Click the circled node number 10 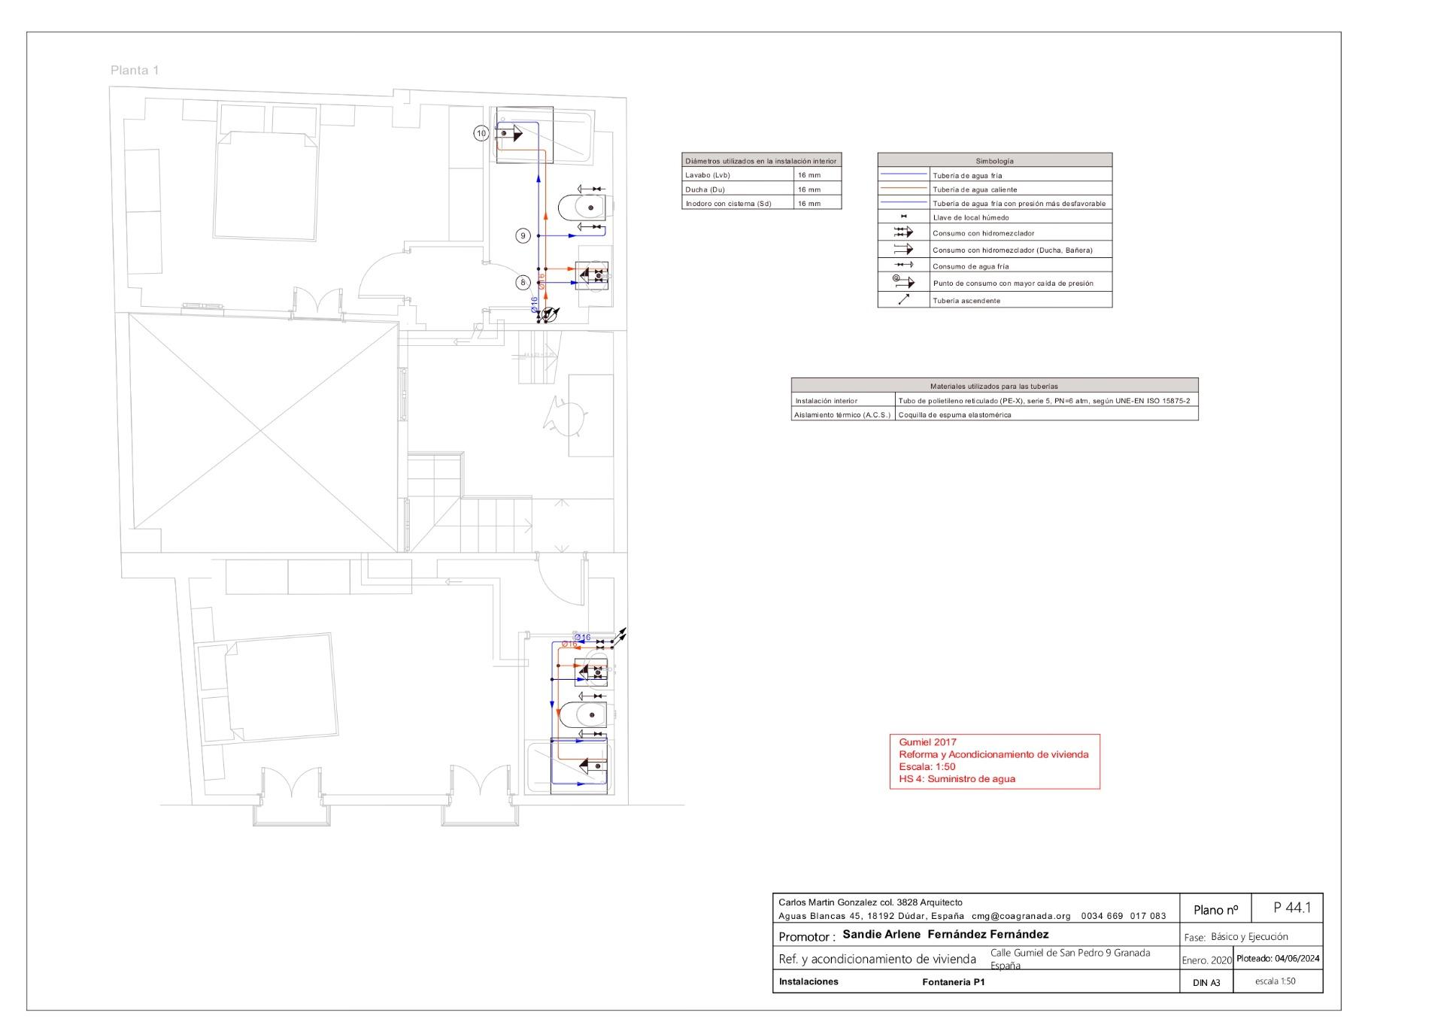(481, 133)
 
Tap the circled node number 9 (523, 235)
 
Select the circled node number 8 (523, 282)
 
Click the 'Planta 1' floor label (135, 71)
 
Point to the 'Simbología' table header (994, 161)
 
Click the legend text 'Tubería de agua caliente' (975, 190)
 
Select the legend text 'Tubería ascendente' (966, 301)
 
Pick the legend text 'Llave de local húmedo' (971, 217)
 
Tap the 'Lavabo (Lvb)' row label (708, 175)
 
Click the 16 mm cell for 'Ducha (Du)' (809, 190)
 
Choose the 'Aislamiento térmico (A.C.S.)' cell (842, 415)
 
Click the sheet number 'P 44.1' (1292, 908)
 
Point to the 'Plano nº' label (1215, 910)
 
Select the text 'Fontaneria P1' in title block (953, 982)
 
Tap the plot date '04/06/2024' (1297, 959)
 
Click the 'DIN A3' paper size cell (1206, 983)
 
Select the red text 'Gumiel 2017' (927, 742)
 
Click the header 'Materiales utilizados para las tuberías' (994, 387)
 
